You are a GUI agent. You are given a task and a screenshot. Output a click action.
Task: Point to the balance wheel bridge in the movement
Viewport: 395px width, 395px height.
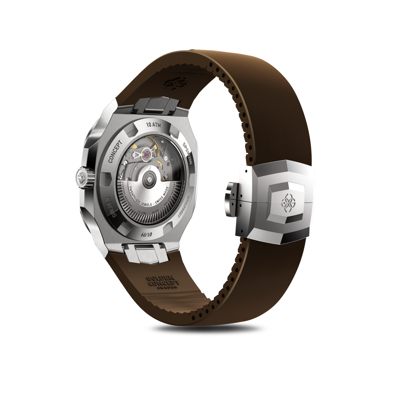pyautogui.click(x=138, y=155)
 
